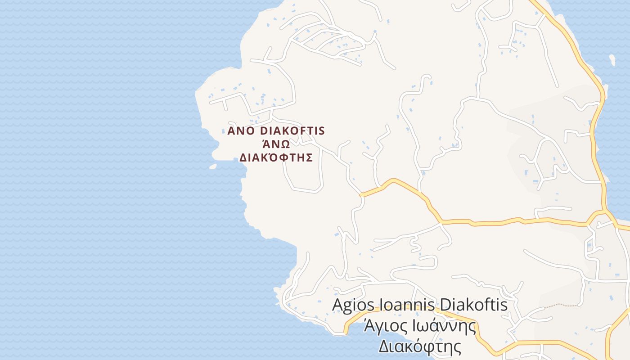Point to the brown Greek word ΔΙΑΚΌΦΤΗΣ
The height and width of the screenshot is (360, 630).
pos(275,157)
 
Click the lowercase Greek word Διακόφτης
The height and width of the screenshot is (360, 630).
pos(420,346)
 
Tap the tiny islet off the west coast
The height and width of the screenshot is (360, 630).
pos(213,166)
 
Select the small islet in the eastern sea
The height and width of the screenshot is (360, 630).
pos(612,59)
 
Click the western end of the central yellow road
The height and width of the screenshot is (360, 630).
pos(362,195)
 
